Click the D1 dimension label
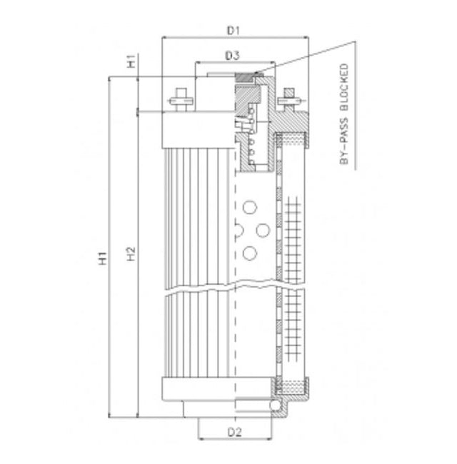coord(232,31)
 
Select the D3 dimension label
coord(231,55)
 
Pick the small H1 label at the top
coord(130,62)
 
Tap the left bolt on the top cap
coord(179,101)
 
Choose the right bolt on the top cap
coord(290,101)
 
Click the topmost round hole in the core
coord(249,208)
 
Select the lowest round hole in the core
coord(249,253)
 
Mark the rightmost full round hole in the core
coord(263,230)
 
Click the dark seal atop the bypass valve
coord(244,78)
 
